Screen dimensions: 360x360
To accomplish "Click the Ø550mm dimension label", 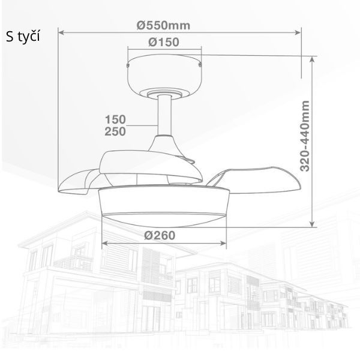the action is (163, 25).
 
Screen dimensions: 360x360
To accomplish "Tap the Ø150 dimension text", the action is (164, 42).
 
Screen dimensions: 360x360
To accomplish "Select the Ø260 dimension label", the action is (160, 235).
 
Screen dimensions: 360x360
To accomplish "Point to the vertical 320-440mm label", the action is (305, 136).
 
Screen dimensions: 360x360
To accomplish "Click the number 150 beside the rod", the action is (115, 119).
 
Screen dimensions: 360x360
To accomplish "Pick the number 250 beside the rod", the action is (115, 131).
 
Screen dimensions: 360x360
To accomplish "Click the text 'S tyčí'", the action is (23, 37).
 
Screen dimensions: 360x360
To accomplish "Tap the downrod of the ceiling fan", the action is (164, 115).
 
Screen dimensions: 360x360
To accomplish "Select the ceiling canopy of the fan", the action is (164, 76).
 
